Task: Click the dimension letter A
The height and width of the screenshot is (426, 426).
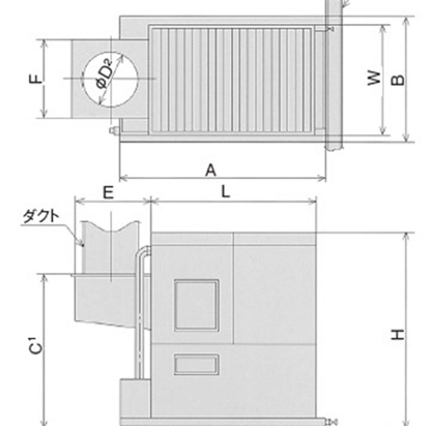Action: click(210, 170)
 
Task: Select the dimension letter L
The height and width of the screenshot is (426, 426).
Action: click(224, 191)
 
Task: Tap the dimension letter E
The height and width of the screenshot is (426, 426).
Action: click(107, 191)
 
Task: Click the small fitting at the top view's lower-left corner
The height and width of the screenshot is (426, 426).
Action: click(113, 131)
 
